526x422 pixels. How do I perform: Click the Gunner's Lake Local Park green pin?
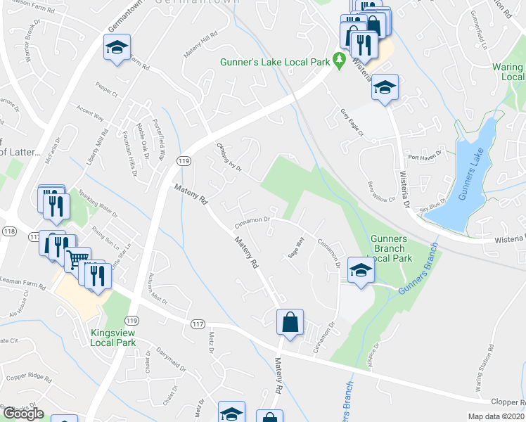pos(338,61)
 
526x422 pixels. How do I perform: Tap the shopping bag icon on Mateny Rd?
pos(289,323)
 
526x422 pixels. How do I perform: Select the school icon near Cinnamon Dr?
pos(361,271)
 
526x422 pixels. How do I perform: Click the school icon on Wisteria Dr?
pos(385,88)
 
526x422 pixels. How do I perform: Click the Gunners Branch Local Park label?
pos(388,248)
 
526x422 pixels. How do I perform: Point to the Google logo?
pos(23,414)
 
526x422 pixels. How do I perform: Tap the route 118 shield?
pos(9,231)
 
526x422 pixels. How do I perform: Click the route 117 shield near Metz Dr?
pos(198,324)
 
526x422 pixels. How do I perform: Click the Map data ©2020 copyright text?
pos(496,416)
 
